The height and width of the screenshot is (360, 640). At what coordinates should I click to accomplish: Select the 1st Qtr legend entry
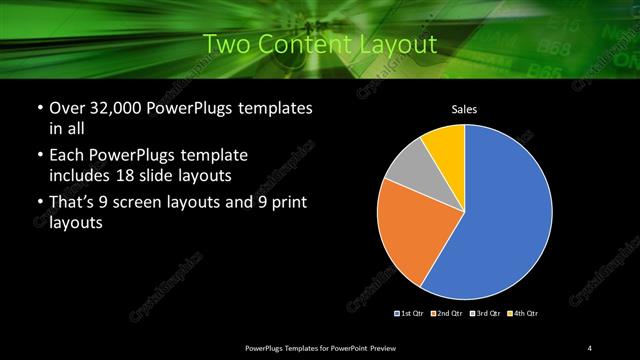pyautogui.click(x=411, y=314)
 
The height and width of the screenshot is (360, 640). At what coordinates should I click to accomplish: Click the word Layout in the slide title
pyautogui.click(x=398, y=44)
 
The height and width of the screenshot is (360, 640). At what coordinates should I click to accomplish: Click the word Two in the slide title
pyautogui.click(x=224, y=44)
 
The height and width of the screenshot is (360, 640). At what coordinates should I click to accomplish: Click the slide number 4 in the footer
pyautogui.click(x=590, y=347)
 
